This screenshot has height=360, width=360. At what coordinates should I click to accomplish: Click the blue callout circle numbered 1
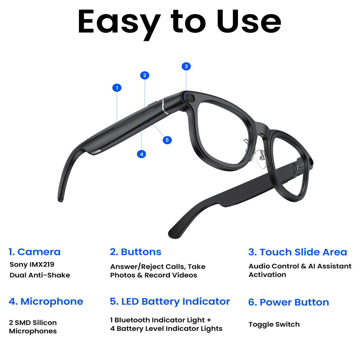click(x=117, y=88)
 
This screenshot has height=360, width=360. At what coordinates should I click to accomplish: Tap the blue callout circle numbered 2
click(x=145, y=75)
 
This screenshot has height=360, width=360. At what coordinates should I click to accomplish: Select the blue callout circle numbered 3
click(x=186, y=66)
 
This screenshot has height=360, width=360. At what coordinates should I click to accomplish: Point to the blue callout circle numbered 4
click(x=141, y=154)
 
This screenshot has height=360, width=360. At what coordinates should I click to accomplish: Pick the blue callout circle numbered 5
click(x=167, y=140)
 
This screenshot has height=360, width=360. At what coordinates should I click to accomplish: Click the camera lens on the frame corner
click(x=190, y=98)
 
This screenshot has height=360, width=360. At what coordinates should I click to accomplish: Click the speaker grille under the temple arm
click(x=96, y=152)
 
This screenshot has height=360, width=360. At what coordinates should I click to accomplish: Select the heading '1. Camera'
click(x=35, y=252)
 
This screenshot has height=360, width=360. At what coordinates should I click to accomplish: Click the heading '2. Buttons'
click(x=135, y=252)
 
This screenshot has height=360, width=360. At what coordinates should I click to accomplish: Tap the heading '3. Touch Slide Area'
click(x=297, y=252)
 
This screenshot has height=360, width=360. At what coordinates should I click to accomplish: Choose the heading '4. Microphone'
click(x=46, y=302)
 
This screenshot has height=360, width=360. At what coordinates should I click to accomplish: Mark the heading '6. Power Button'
click(x=289, y=302)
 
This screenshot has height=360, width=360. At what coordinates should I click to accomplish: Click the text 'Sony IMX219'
click(x=32, y=264)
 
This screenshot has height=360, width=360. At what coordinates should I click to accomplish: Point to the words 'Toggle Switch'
click(x=274, y=324)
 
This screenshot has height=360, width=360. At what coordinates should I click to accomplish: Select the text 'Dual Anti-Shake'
click(x=40, y=275)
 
